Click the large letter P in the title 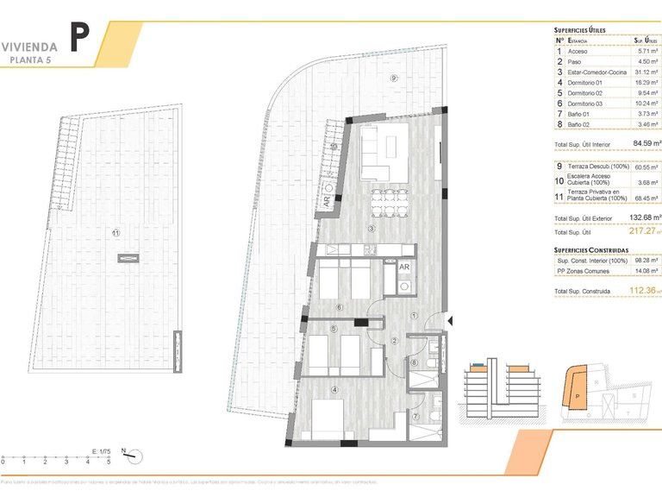coord(79,37)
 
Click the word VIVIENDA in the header coord(29,46)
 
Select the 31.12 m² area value coord(646,72)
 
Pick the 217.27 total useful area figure coord(642,230)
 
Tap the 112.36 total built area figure coord(643,292)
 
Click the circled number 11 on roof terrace coord(116,231)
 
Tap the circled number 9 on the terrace coord(393,79)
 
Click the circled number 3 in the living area coord(370,228)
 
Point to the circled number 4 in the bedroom coord(334,389)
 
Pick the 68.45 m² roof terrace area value coord(646,198)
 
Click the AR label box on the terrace coord(327,200)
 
